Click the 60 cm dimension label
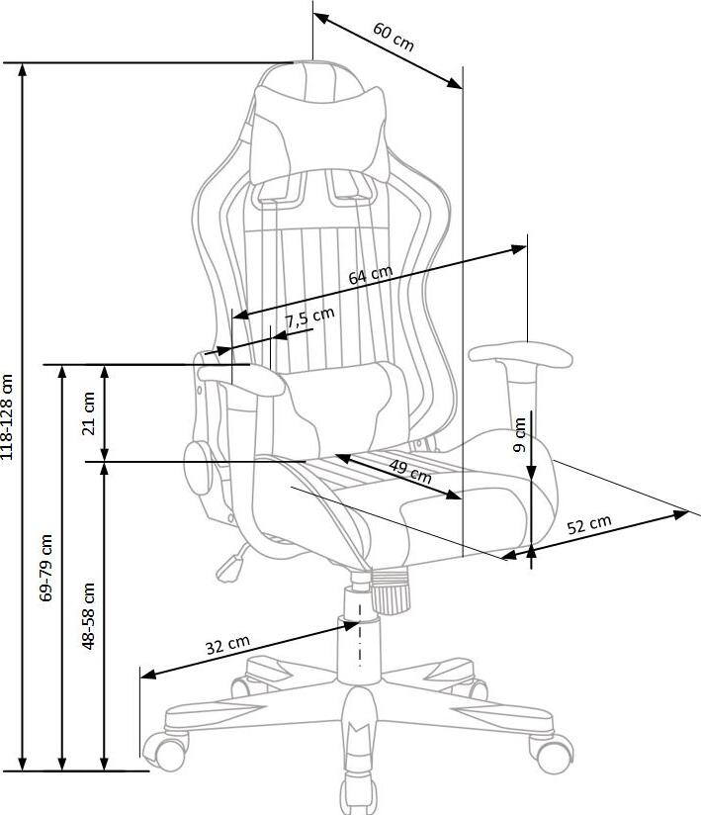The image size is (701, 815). pyautogui.click(x=394, y=37)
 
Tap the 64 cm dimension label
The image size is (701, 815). pyautogui.click(x=371, y=276)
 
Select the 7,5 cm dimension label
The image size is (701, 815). pyautogui.click(x=309, y=318)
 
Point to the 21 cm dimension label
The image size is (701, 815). pyautogui.click(x=89, y=412)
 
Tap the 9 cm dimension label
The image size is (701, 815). pyautogui.click(x=520, y=433)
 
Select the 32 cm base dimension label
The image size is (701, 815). pyautogui.click(x=226, y=646)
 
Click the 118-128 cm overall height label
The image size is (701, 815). pyautogui.click(x=9, y=415)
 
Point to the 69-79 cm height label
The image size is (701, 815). pyautogui.click(x=46, y=569)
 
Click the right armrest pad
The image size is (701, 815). pyautogui.click(x=521, y=354)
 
